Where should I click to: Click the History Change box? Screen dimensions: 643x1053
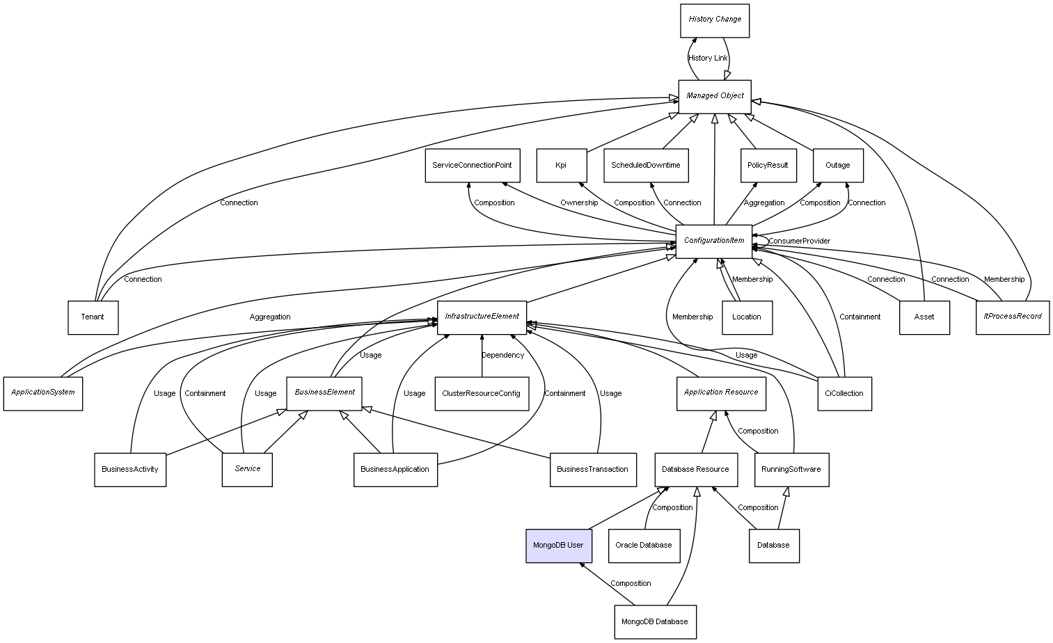(x=715, y=20)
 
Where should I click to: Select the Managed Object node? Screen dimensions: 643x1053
(x=715, y=96)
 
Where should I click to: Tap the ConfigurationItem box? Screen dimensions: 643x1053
(x=714, y=241)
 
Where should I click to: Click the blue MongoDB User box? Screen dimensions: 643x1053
(x=558, y=546)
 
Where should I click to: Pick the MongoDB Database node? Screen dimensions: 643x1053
(x=655, y=621)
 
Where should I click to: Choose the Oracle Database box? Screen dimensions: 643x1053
(x=644, y=546)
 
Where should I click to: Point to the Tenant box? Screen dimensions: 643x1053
(x=93, y=317)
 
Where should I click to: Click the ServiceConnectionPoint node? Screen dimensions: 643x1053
(x=472, y=166)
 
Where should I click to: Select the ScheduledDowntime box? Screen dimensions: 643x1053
(x=646, y=166)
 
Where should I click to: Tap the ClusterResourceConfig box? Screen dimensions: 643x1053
(x=482, y=394)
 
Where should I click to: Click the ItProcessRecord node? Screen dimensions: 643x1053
(x=1012, y=317)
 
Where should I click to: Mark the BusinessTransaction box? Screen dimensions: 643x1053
(x=592, y=470)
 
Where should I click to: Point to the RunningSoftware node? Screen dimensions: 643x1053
(x=791, y=470)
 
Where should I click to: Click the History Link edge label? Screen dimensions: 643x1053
(x=708, y=58)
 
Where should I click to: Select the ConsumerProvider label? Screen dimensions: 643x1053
(x=799, y=241)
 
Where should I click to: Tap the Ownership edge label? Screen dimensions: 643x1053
(x=579, y=203)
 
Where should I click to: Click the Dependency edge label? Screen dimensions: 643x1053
(x=502, y=356)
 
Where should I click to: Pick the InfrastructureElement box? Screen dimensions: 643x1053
(x=482, y=317)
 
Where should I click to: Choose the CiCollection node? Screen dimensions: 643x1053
(x=844, y=394)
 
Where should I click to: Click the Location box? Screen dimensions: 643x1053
(x=747, y=317)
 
